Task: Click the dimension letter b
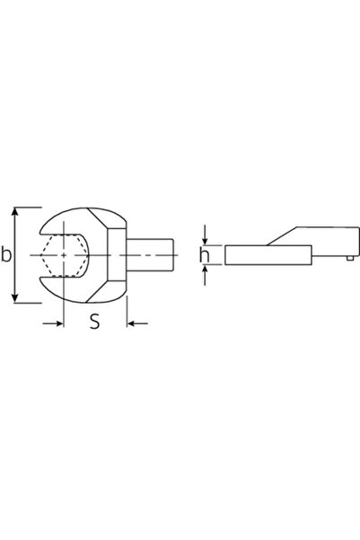click(6, 254)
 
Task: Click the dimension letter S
click(94, 322)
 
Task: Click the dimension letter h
click(204, 255)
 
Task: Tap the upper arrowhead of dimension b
click(14, 211)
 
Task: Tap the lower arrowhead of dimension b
click(14, 298)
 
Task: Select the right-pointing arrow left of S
click(53, 323)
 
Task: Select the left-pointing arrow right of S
click(137, 323)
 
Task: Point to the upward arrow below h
click(205, 275)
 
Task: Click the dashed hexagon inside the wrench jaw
click(64, 255)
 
